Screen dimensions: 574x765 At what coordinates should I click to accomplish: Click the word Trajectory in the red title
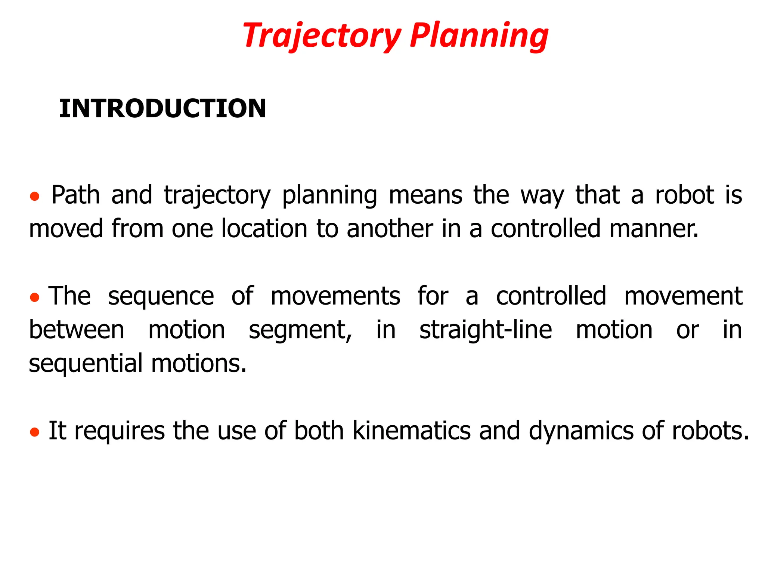tap(321, 36)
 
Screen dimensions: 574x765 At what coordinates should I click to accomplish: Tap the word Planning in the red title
tap(479, 36)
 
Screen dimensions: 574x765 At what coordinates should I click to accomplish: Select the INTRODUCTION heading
tap(162, 109)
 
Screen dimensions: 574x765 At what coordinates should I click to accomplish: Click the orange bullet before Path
tap(34, 197)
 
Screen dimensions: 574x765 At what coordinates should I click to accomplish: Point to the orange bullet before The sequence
tap(34, 297)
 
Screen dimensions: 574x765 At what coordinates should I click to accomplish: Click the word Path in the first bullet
tap(75, 195)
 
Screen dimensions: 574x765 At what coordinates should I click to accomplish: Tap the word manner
tap(654, 229)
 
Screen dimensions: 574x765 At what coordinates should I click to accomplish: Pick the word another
tap(390, 229)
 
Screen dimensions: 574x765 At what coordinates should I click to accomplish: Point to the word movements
tap(335, 296)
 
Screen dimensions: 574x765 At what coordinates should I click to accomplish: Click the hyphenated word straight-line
tap(486, 330)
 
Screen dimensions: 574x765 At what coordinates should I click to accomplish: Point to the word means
tap(425, 195)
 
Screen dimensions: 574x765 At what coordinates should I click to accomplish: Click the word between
tap(77, 330)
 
